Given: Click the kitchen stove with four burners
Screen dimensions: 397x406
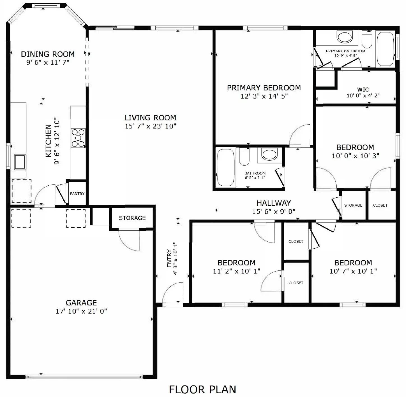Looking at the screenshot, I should tap(78, 138).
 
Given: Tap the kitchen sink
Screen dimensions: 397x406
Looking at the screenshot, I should tap(20, 162).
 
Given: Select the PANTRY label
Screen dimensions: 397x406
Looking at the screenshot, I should tap(77, 193).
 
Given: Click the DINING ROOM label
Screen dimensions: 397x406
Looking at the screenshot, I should tap(48, 54).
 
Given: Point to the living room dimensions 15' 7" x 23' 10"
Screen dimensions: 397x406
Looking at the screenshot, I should tap(150, 126).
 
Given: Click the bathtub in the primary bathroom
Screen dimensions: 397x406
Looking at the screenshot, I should tap(385, 49).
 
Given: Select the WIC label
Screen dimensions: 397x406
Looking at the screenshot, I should tap(363, 90).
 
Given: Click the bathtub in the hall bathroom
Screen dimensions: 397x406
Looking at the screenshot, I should tap(226, 167).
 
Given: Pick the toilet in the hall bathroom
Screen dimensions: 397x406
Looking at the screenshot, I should tap(244, 157).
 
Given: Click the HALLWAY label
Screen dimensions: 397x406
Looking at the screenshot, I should tap(274, 203).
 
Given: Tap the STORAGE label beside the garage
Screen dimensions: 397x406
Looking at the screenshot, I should tap(132, 218).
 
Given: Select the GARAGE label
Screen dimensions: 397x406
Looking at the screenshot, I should tap(81, 303).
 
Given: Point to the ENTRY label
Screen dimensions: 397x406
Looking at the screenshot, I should tap(169, 258).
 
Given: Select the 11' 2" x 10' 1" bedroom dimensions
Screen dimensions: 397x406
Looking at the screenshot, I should tap(237, 271).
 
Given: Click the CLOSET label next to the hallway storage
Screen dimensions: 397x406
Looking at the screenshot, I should tap(380, 205).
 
